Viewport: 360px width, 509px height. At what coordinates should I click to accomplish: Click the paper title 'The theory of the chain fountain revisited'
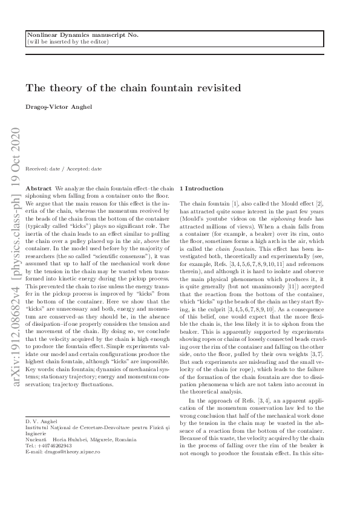133,88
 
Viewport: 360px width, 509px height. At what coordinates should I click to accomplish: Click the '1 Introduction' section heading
202,189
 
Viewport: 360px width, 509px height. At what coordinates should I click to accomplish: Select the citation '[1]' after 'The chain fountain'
235,204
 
